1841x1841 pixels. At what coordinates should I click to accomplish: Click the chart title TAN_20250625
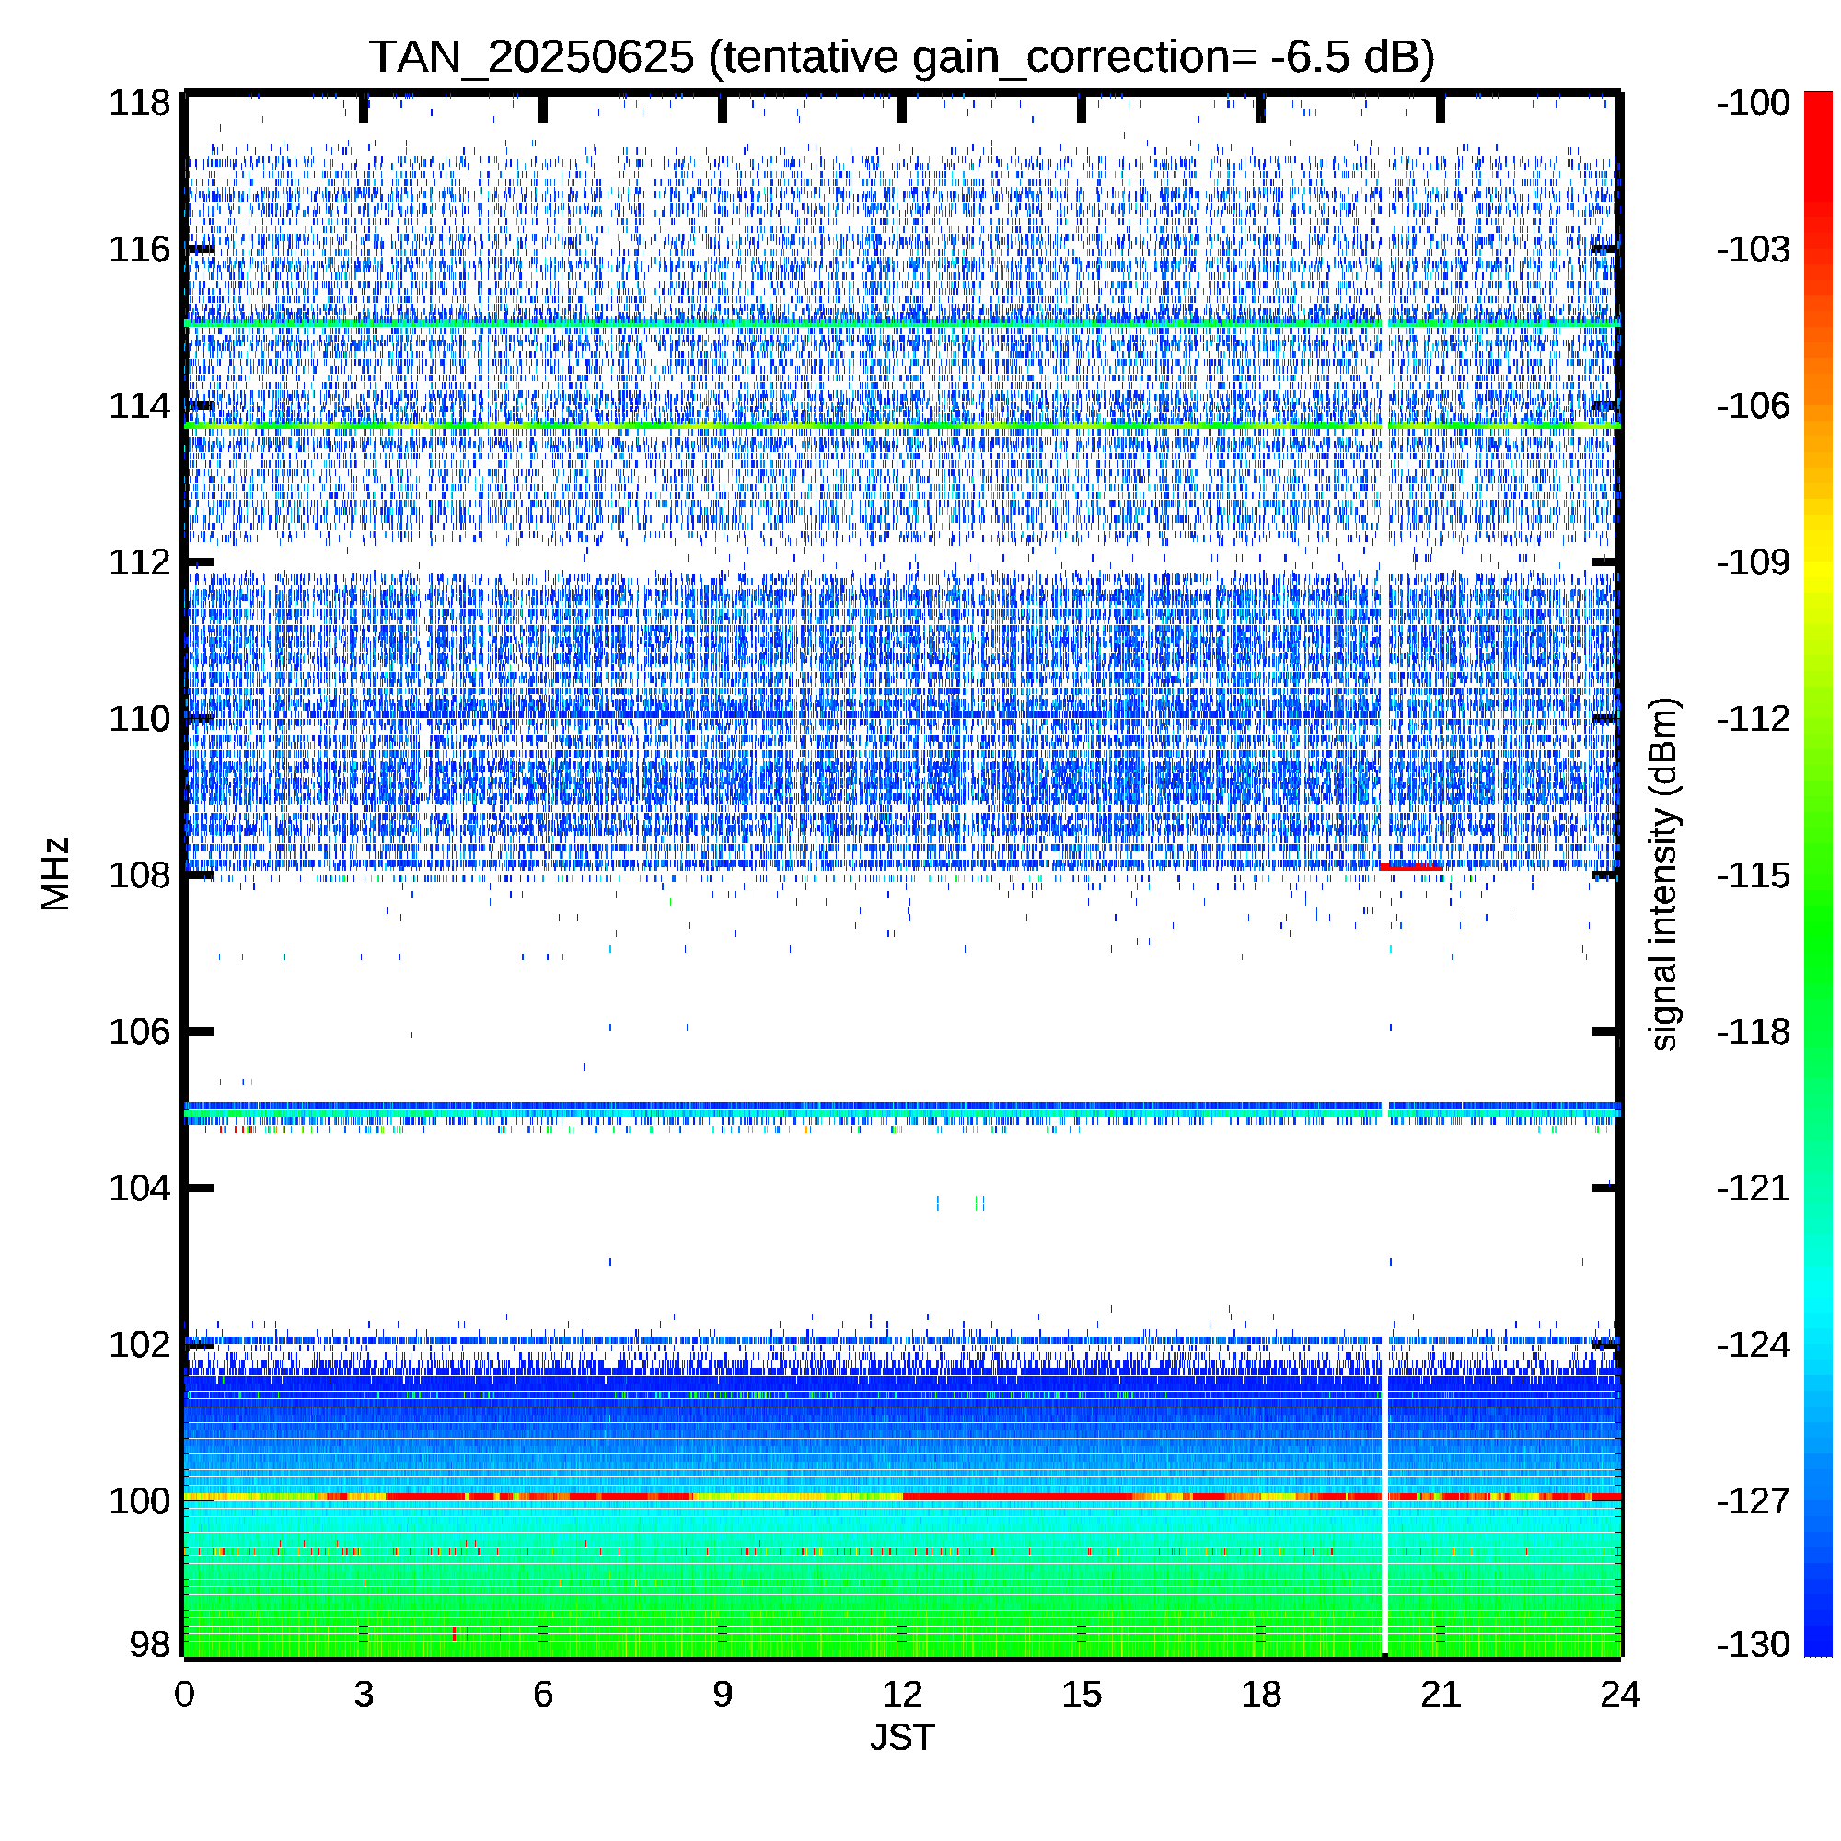[x=532, y=58]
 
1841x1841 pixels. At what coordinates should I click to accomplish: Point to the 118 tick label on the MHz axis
[x=139, y=103]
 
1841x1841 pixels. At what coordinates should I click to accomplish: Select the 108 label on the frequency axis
[x=139, y=874]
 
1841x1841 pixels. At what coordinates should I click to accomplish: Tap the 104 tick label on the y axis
[x=139, y=1188]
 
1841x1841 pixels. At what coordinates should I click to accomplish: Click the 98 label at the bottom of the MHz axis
[x=150, y=1644]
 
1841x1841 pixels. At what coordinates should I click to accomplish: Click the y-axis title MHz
[x=55, y=874]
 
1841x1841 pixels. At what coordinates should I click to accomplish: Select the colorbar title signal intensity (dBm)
[x=1662, y=874]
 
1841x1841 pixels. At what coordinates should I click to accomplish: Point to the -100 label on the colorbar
[x=1754, y=103]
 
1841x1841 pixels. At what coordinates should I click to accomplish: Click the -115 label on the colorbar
[x=1754, y=874]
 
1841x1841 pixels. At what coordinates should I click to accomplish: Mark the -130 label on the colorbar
[x=1754, y=1644]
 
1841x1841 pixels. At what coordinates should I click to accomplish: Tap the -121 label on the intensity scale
[x=1754, y=1188]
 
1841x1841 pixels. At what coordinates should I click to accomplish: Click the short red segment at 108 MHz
[x=1409, y=867]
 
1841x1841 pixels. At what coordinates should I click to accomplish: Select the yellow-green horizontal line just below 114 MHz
[x=901, y=425]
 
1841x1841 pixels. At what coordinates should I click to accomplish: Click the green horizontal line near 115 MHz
[x=901, y=324]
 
